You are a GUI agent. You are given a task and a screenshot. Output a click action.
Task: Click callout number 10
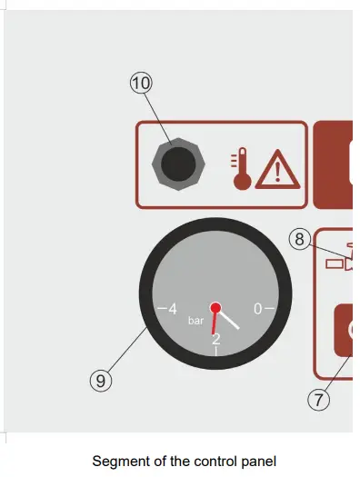coord(140,83)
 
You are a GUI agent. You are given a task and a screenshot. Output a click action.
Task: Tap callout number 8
coord(299,240)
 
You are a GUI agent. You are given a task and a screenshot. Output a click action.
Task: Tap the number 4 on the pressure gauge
coord(173,309)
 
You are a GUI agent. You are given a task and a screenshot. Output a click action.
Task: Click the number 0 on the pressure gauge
coord(257,309)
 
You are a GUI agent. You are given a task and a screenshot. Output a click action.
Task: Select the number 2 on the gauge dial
coord(215,340)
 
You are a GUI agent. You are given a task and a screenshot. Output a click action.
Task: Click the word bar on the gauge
coord(196,321)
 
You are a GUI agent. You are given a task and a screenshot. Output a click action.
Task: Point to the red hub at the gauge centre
coord(215,308)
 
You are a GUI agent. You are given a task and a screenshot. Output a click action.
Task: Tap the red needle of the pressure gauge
coord(215,322)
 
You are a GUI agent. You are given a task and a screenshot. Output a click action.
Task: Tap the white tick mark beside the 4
coord(162,309)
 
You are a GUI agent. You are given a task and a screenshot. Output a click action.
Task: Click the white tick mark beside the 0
coord(269,309)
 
